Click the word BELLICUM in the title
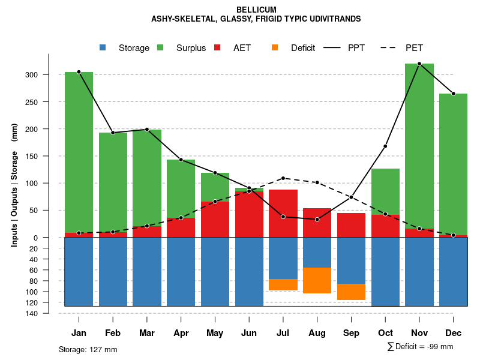pos(256,10)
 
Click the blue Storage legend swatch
pos(103,47)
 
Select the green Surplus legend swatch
pos(160,47)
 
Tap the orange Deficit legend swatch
pos(275,47)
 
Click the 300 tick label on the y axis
pos(31,75)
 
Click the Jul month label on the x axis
pos(283,333)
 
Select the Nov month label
pos(419,333)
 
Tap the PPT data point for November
pos(419,64)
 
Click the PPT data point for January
pos(79,72)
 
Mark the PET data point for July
pos(283,178)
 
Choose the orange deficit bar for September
pos(351,292)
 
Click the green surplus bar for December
pos(453,162)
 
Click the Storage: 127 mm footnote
pos(88,349)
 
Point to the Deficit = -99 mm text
pos(424,346)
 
